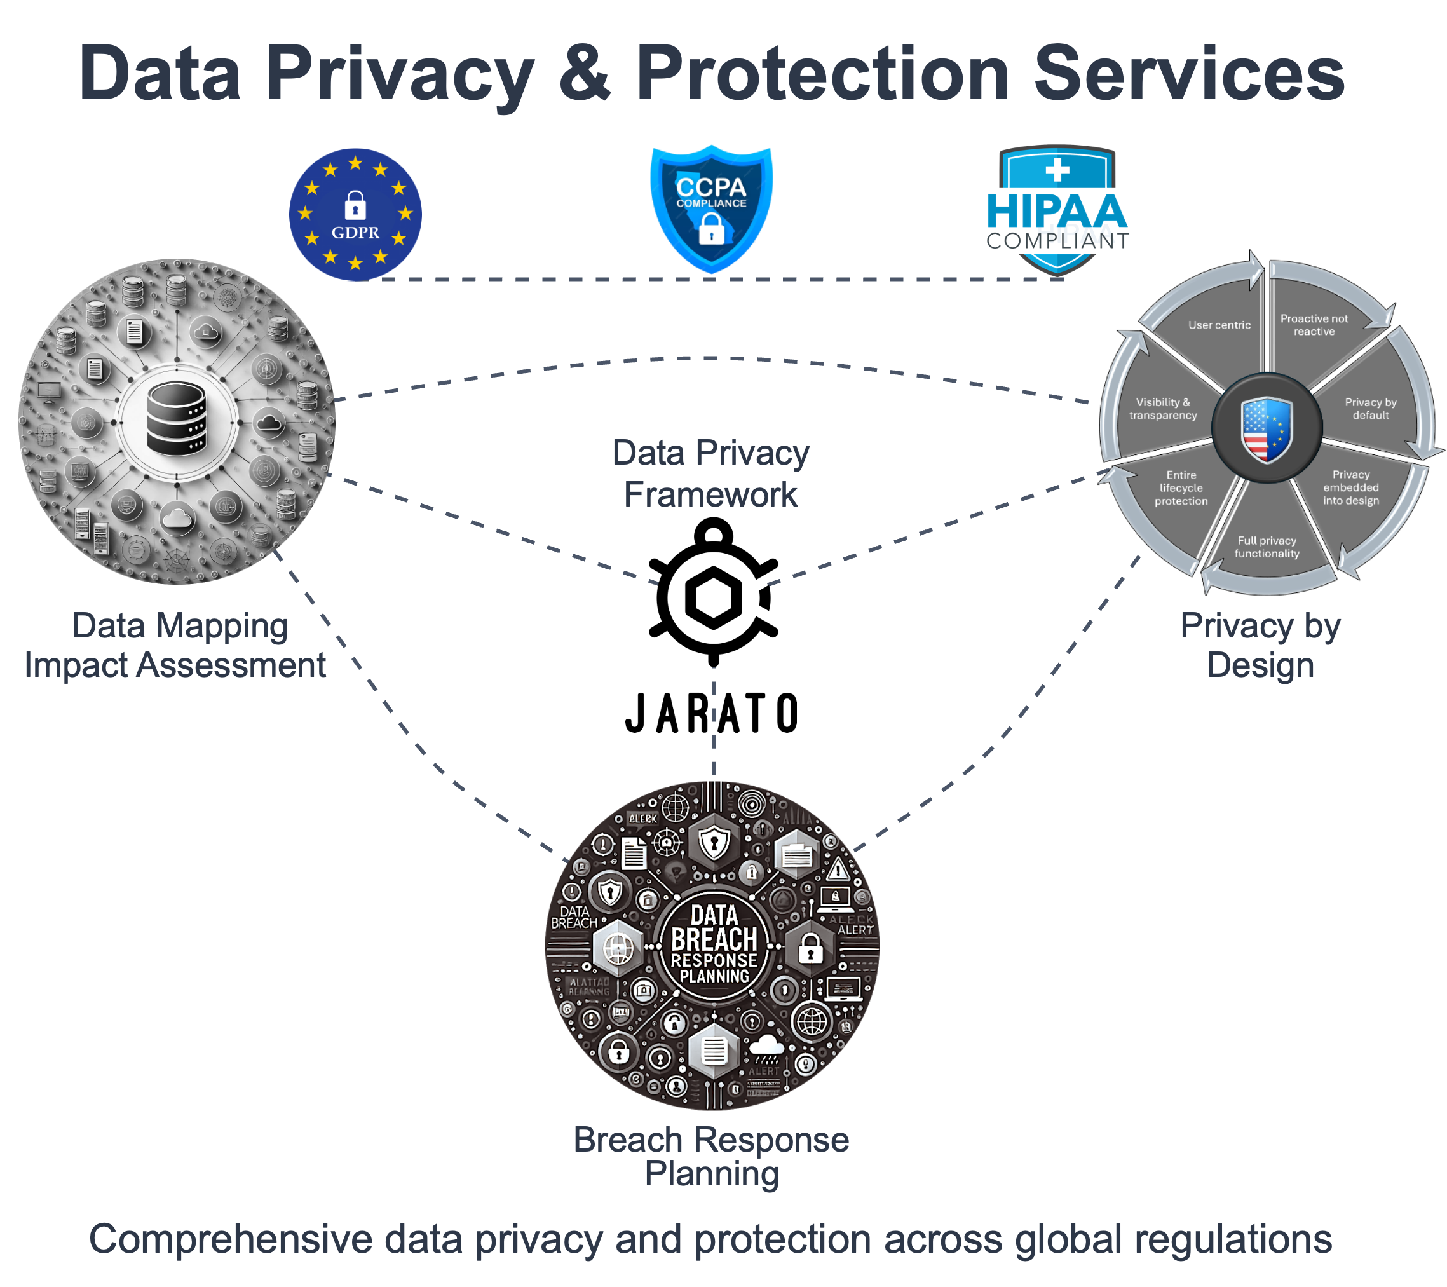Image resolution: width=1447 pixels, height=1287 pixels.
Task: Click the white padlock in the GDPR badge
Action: point(355,205)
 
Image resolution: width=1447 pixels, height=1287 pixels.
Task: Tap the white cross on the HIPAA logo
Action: point(1057,170)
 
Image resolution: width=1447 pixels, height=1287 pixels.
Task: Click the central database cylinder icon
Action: point(176,418)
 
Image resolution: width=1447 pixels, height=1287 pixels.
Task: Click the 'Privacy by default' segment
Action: point(1371,409)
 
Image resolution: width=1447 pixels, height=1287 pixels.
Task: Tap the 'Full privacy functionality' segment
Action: point(1267,547)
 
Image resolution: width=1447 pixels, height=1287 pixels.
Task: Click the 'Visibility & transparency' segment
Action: point(1162,409)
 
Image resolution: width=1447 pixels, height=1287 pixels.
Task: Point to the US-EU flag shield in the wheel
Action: point(1267,429)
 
